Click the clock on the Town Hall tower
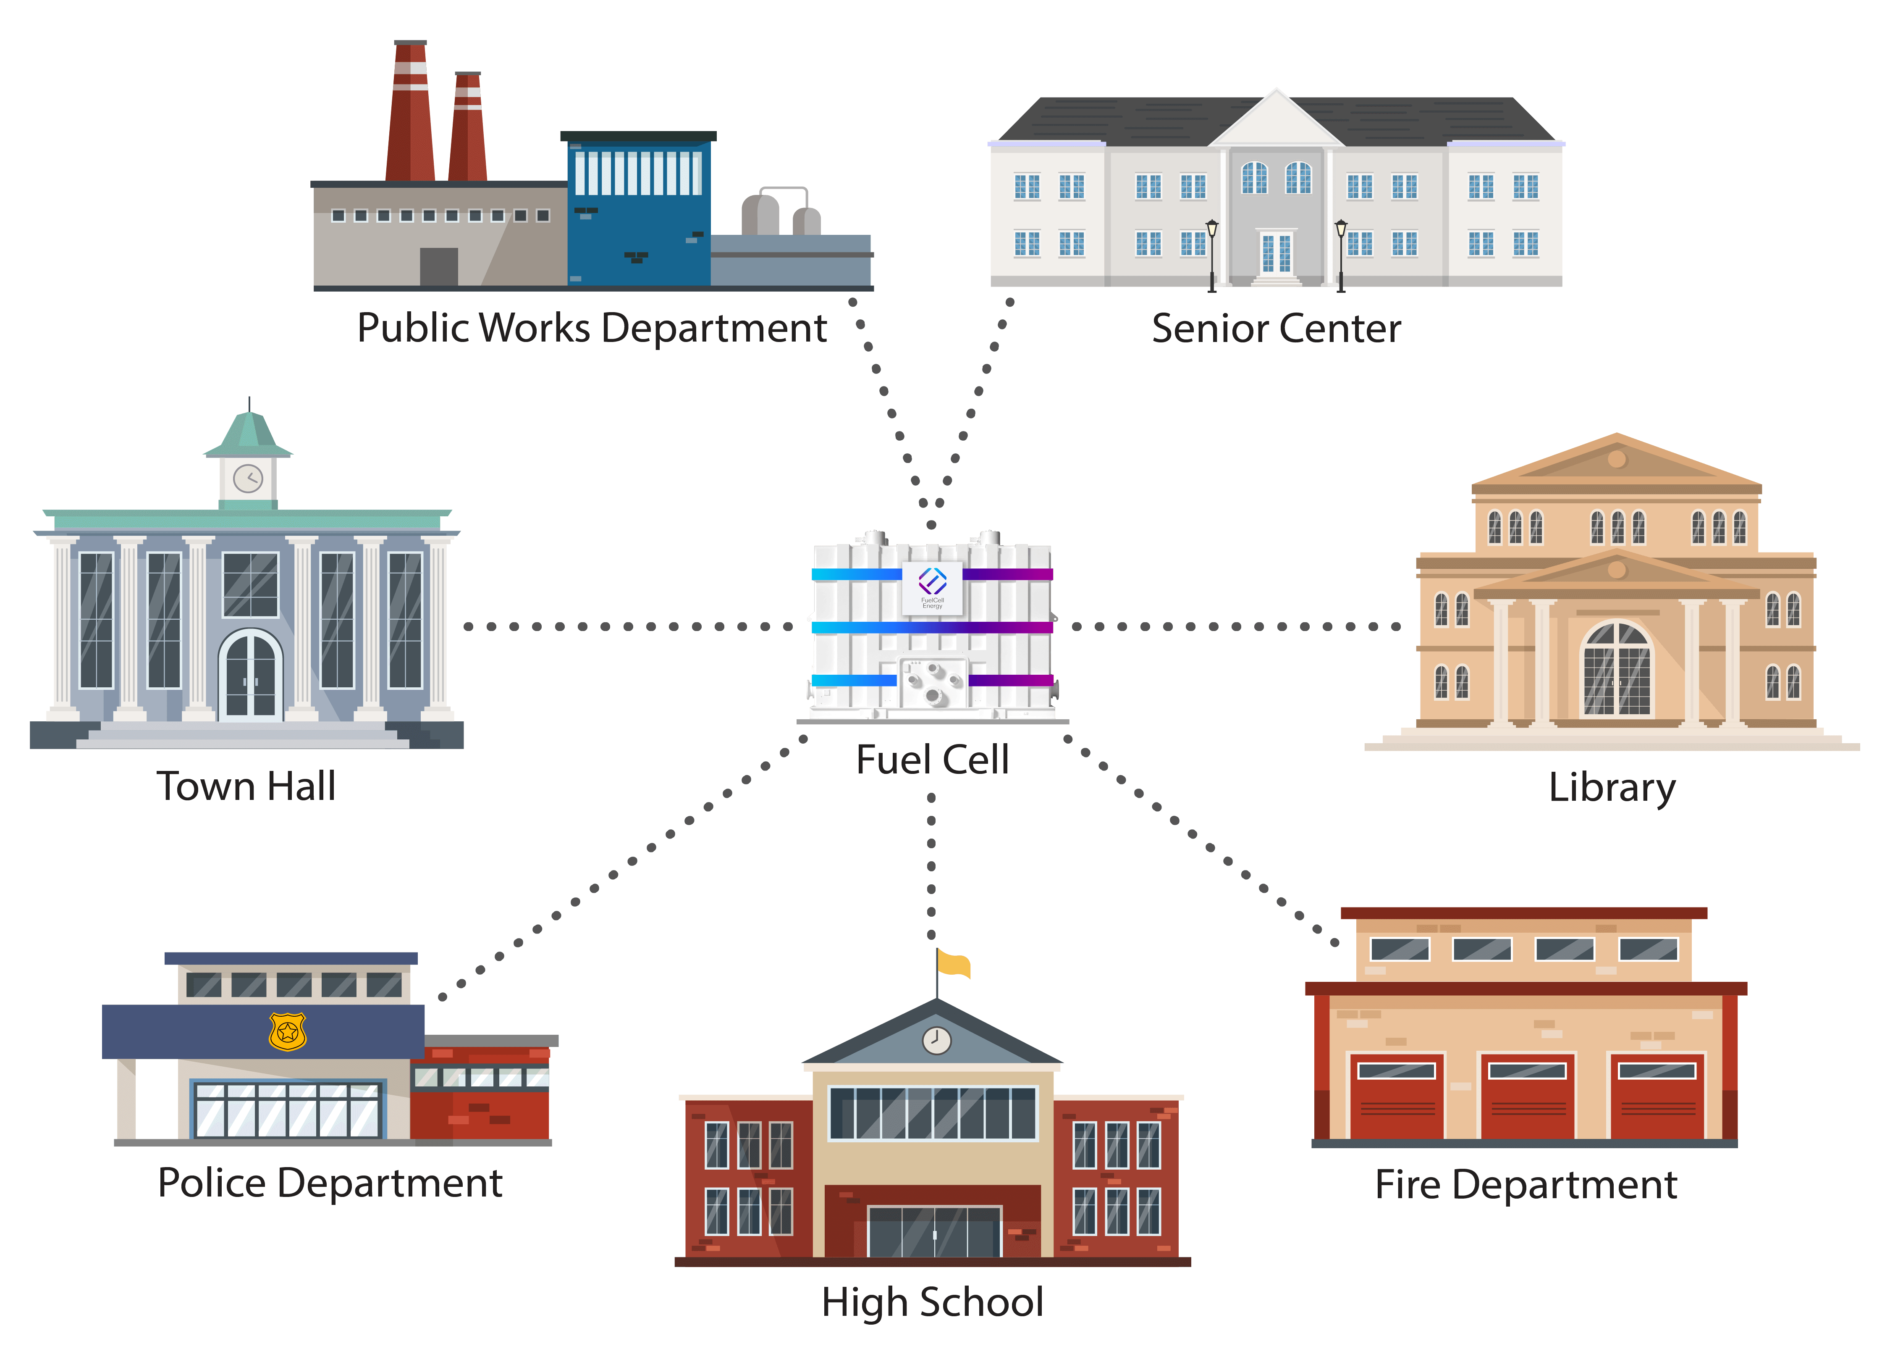248,479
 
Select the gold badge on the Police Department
288,1032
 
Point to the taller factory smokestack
410,113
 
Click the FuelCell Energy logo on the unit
933,582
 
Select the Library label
1612,788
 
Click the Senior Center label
1277,329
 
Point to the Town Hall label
246,786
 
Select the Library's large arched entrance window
1617,668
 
